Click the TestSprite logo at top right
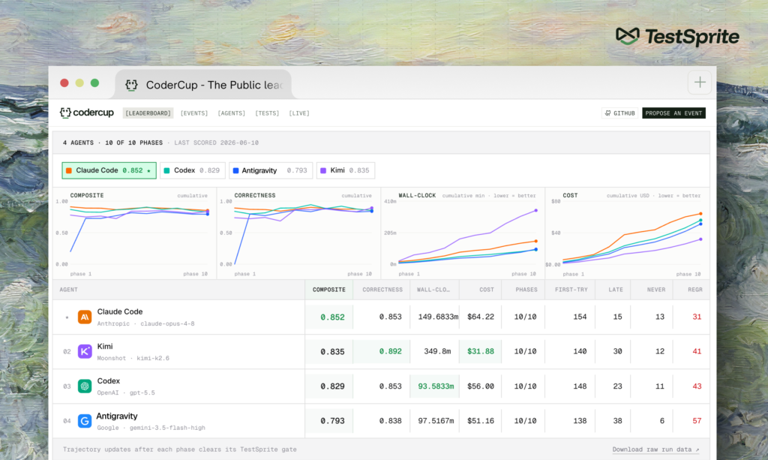click(677, 37)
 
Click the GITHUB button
click(619, 113)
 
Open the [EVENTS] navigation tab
click(194, 113)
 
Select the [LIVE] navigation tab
click(298, 113)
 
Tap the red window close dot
click(64, 83)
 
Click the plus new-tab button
click(700, 83)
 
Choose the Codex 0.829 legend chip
click(193, 170)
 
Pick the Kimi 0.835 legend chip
click(345, 170)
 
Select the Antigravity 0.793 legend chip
click(270, 170)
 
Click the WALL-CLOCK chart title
click(417, 195)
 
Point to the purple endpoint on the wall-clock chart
click(535, 211)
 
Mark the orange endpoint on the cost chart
click(700, 214)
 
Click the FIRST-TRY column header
click(571, 290)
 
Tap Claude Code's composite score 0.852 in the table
click(332, 317)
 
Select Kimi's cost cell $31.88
click(480, 351)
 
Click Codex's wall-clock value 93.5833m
click(436, 386)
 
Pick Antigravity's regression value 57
click(697, 421)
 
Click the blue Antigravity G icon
click(85, 421)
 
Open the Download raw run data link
click(655, 449)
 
